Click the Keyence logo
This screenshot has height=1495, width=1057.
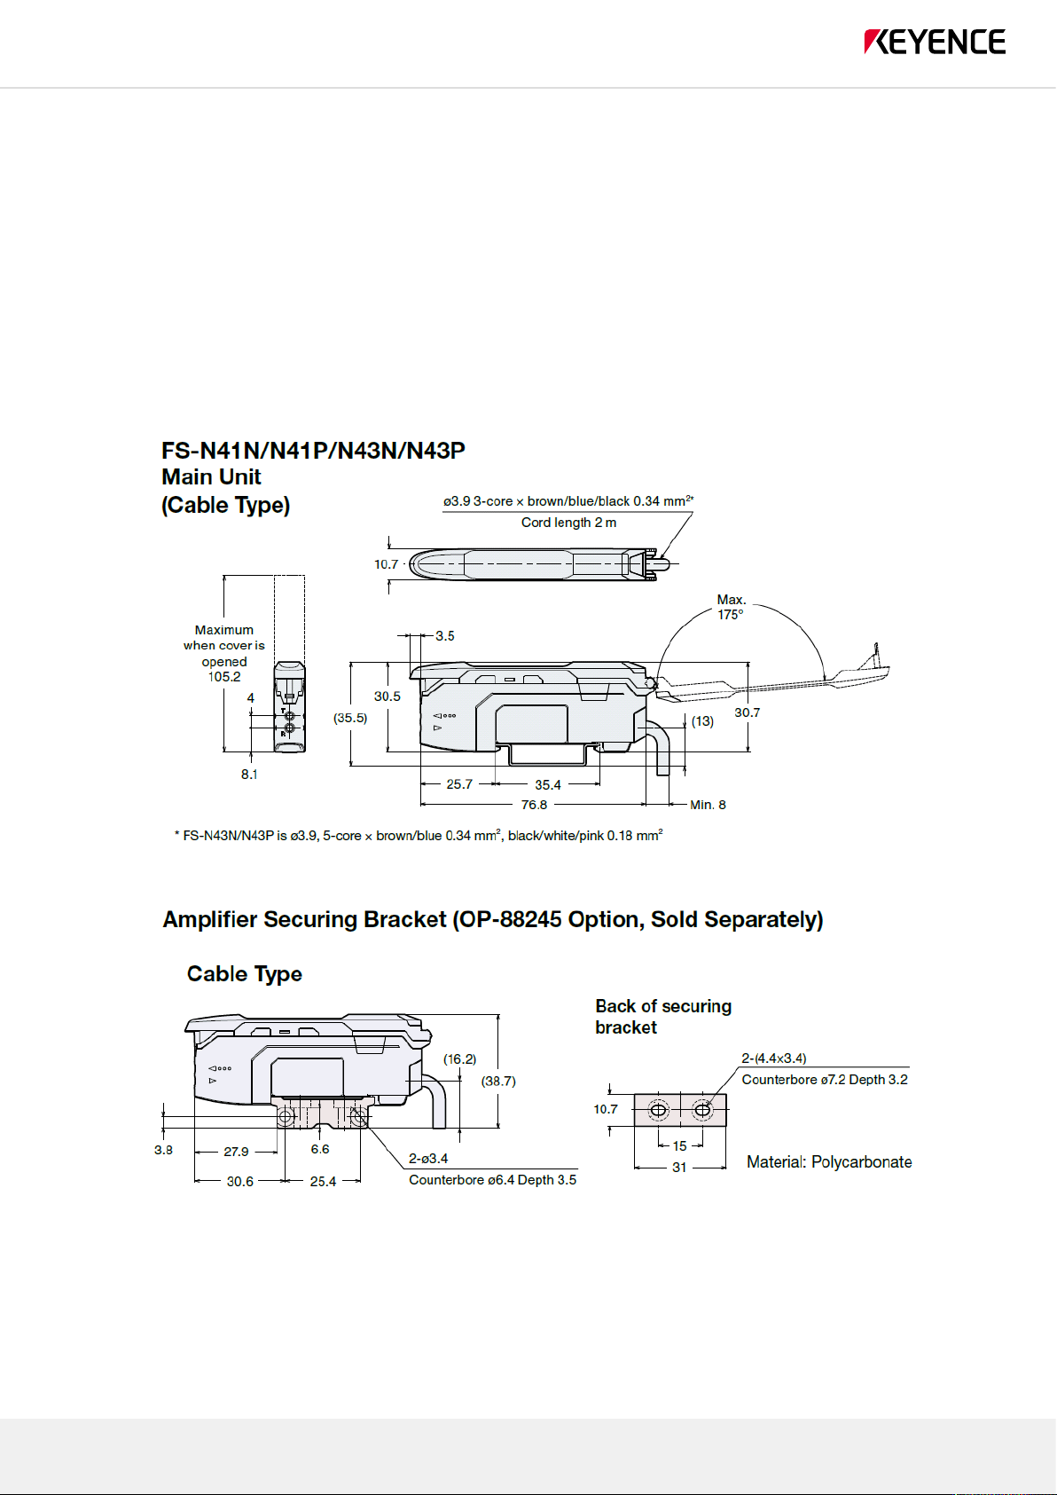point(935,42)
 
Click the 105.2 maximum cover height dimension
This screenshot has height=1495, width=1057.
point(224,677)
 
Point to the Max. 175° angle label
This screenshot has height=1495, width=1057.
point(731,608)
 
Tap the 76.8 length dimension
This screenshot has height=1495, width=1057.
point(534,805)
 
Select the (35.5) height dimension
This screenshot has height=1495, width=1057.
point(350,718)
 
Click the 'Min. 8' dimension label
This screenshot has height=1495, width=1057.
point(708,805)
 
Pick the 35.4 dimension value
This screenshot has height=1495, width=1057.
point(547,785)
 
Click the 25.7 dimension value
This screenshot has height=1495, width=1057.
point(459,784)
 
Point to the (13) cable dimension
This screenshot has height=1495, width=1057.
point(702,721)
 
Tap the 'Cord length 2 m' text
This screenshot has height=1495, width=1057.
point(568,523)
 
